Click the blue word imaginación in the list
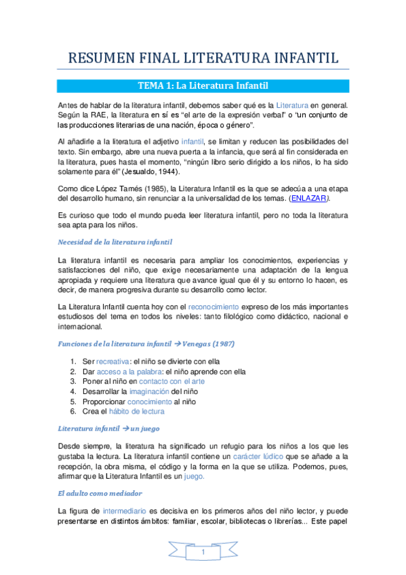(x=148, y=391)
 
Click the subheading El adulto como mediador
(x=100, y=493)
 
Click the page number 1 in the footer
(x=203, y=555)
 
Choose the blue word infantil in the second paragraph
(x=193, y=140)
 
